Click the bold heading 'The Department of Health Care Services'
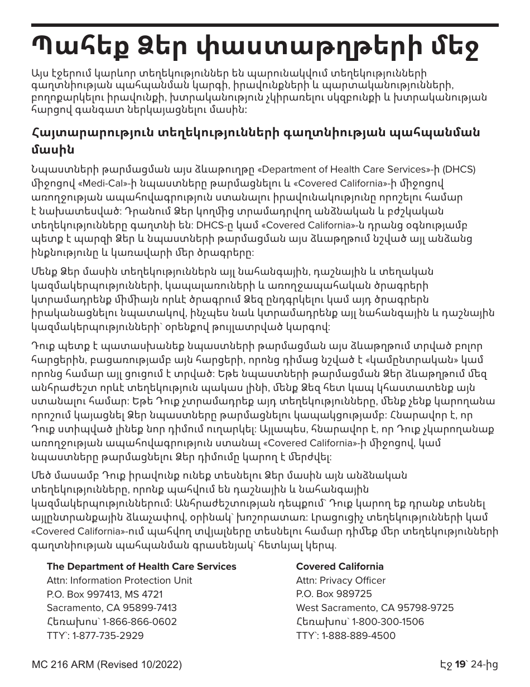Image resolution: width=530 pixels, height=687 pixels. point(142,566)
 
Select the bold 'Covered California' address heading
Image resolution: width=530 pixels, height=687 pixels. point(332,566)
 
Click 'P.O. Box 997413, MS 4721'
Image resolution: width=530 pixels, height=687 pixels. point(105,594)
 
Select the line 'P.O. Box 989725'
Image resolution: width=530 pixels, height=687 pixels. point(334,594)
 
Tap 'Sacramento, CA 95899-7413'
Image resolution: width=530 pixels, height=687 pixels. point(112,608)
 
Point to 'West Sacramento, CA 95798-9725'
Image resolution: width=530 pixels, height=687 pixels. point(375,608)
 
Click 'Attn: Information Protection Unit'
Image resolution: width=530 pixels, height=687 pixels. point(119,580)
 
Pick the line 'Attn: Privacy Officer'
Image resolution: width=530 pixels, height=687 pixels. point(341,580)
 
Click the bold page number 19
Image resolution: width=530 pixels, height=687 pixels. point(460,665)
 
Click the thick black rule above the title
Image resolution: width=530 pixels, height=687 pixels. point(265,25)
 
